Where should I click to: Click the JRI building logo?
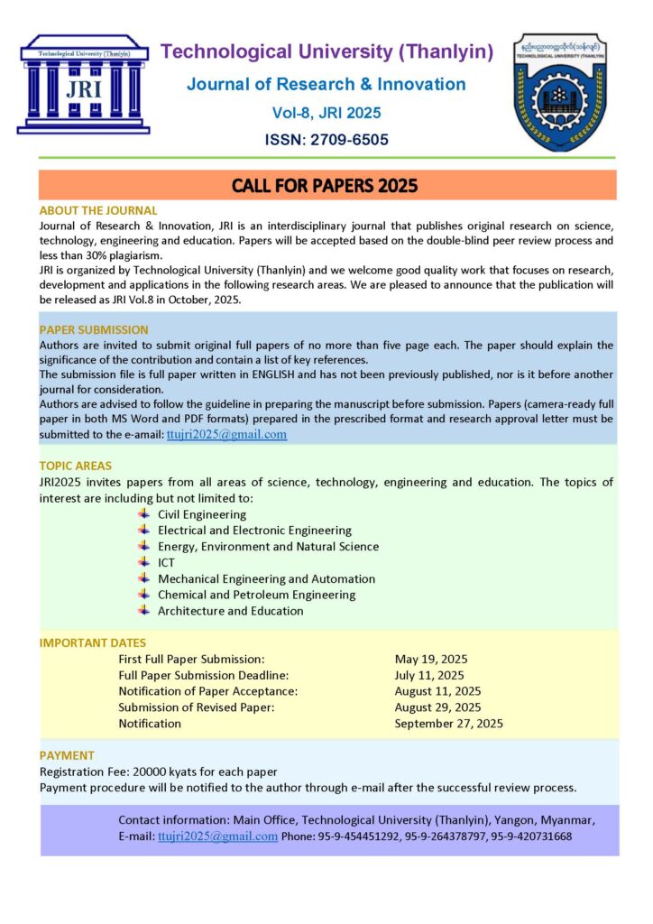coord(83,84)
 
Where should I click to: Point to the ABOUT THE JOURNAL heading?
coord(98,210)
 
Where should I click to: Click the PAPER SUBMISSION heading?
coord(94,329)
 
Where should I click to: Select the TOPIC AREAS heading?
coord(76,466)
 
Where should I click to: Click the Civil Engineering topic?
coord(201,514)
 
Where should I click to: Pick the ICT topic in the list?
coord(167,562)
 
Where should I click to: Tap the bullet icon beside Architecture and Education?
coord(143,610)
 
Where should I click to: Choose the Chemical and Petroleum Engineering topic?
coord(256,595)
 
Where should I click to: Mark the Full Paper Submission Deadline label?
coord(203,675)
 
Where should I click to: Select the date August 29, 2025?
coord(437,707)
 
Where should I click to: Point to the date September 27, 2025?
coord(448,724)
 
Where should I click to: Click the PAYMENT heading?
coord(67,755)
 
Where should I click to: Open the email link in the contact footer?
coord(217,836)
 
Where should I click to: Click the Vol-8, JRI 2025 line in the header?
coord(326,113)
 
